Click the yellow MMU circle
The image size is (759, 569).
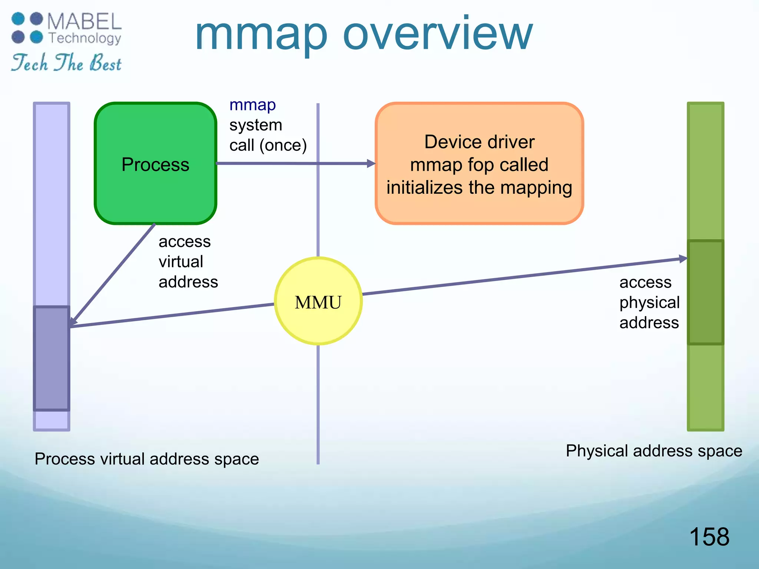click(x=318, y=301)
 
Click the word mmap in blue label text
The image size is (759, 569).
click(x=252, y=105)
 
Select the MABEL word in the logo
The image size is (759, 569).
click(x=84, y=21)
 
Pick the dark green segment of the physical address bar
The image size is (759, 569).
click(x=705, y=292)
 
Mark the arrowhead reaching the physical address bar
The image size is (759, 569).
click(x=683, y=259)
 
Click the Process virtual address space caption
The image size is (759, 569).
click(x=147, y=459)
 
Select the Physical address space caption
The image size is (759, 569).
click(x=654, y=450)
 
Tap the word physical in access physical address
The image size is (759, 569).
click(x=649, y=302)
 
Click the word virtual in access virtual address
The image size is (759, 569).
click(x=181, y=262)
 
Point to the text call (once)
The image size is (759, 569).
click(x=268, y=145)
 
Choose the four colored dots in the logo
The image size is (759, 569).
click(x=27, y=28)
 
